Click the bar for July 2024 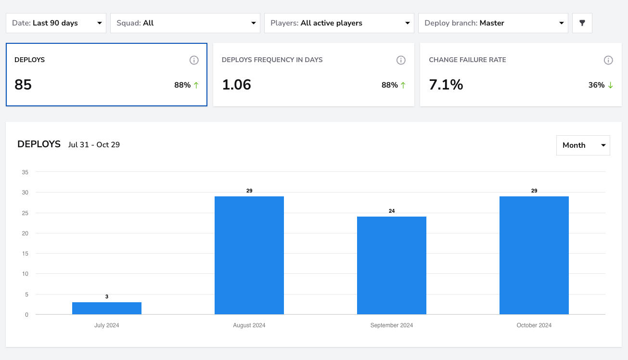[107, 308]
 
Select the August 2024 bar [249, 255]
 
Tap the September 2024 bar [392, 265]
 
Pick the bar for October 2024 [534, 255]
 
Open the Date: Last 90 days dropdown [56, 23]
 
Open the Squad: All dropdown [185, 23]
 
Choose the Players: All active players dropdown [339, 23]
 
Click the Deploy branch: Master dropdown [493, 23]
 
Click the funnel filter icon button [582, 23]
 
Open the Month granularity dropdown [583, 145]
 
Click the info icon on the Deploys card [194, 60]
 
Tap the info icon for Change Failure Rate [608, 60]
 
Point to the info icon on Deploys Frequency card [401, 60]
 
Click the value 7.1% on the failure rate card [446, 85]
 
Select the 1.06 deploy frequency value [237, 85]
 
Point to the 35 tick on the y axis [25, 172]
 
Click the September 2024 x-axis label [392, 325]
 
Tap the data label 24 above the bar [392, 211]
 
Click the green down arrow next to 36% [610, 85]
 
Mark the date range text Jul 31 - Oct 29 [94, 145]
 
